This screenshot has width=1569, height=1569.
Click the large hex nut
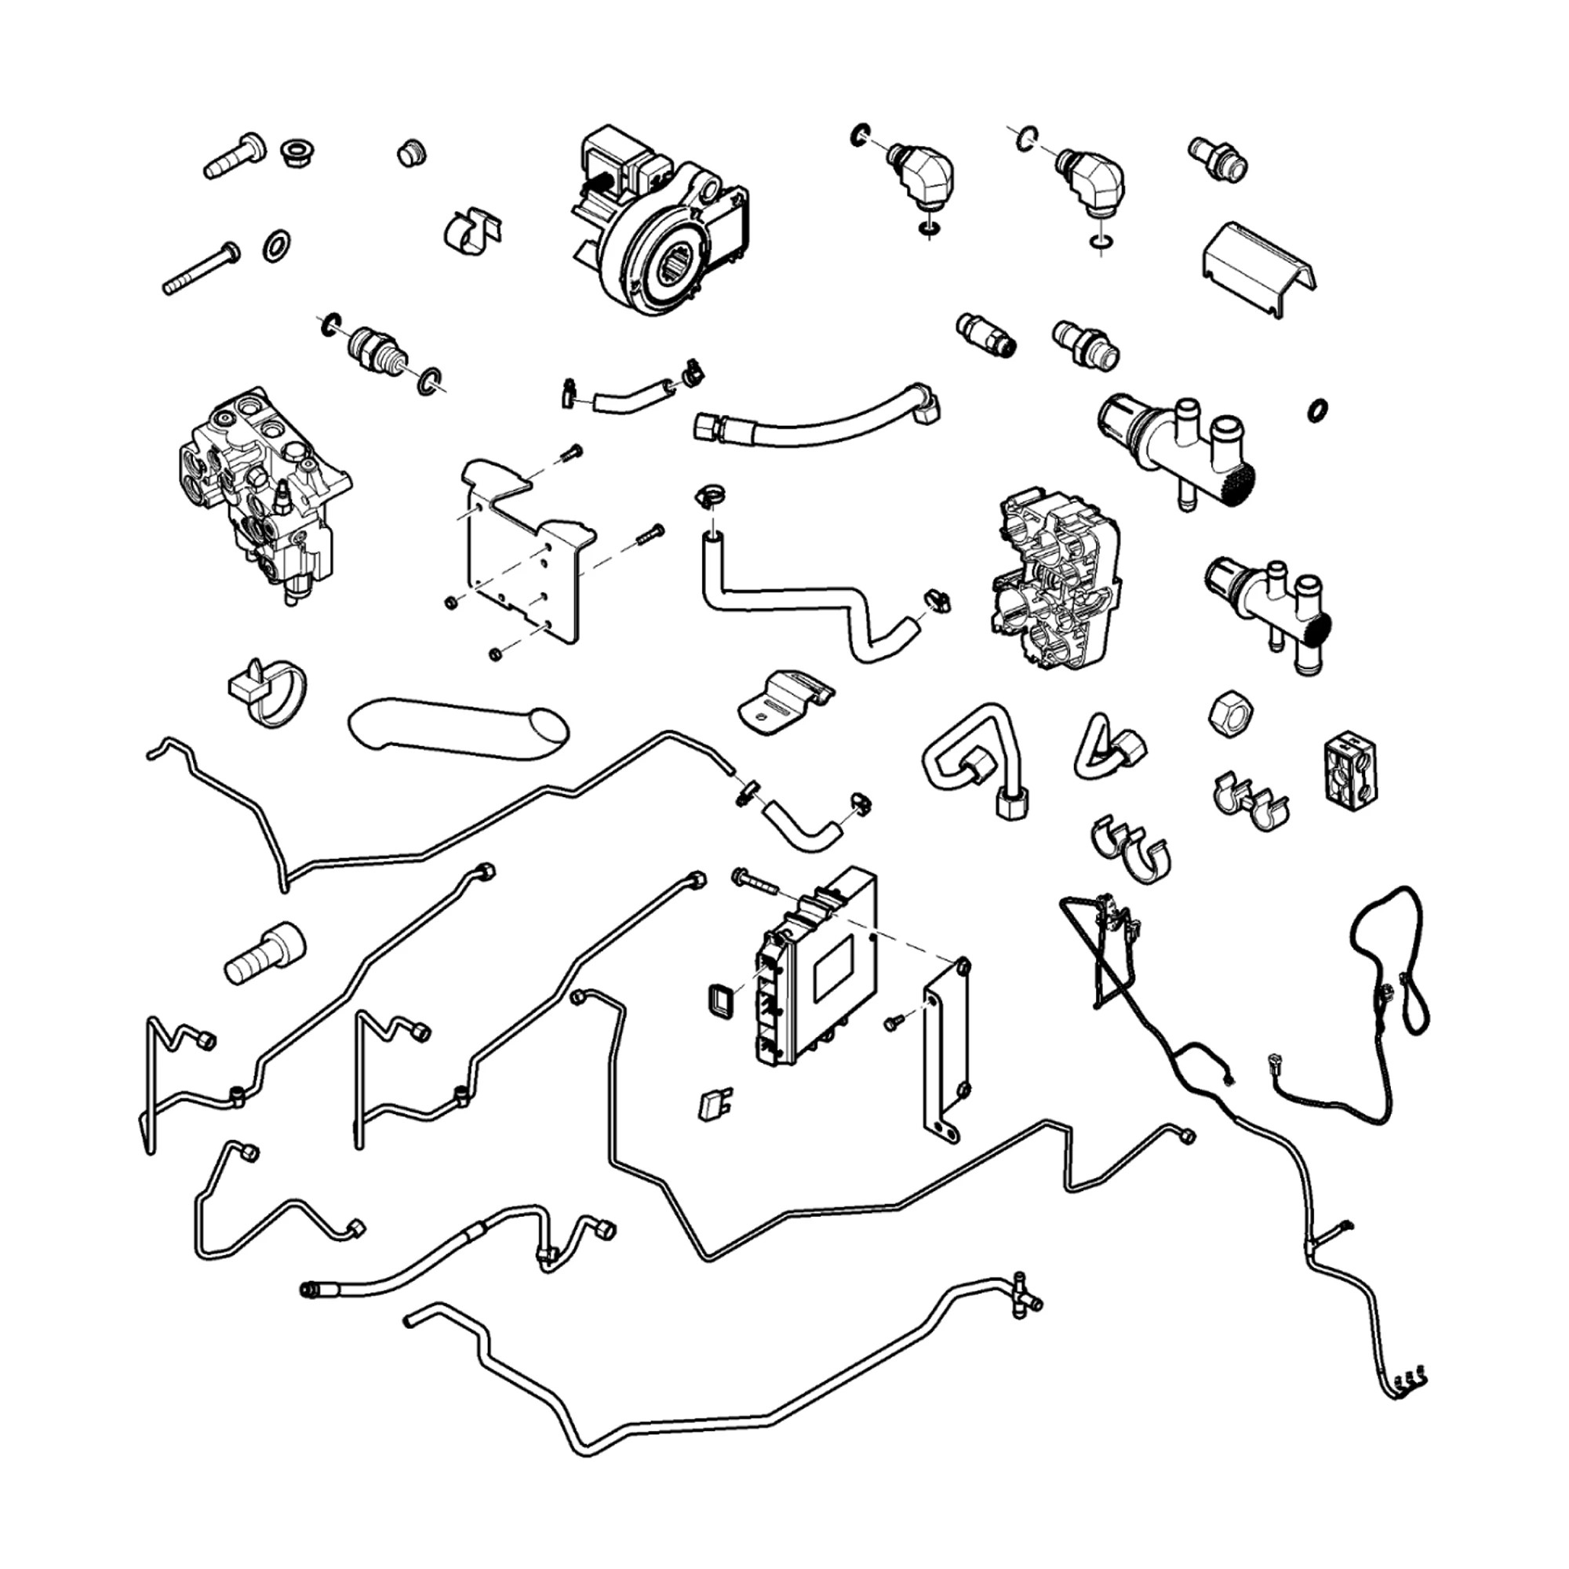click(x=1229, y=715)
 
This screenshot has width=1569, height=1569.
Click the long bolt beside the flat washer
click(x=202, y=268)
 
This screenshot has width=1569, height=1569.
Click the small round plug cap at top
click(x=412, y=153)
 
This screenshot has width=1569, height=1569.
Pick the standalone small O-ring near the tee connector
click(x=1317, y=410)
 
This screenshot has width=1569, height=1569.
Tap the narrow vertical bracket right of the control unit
click(x=947, y=1052)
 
